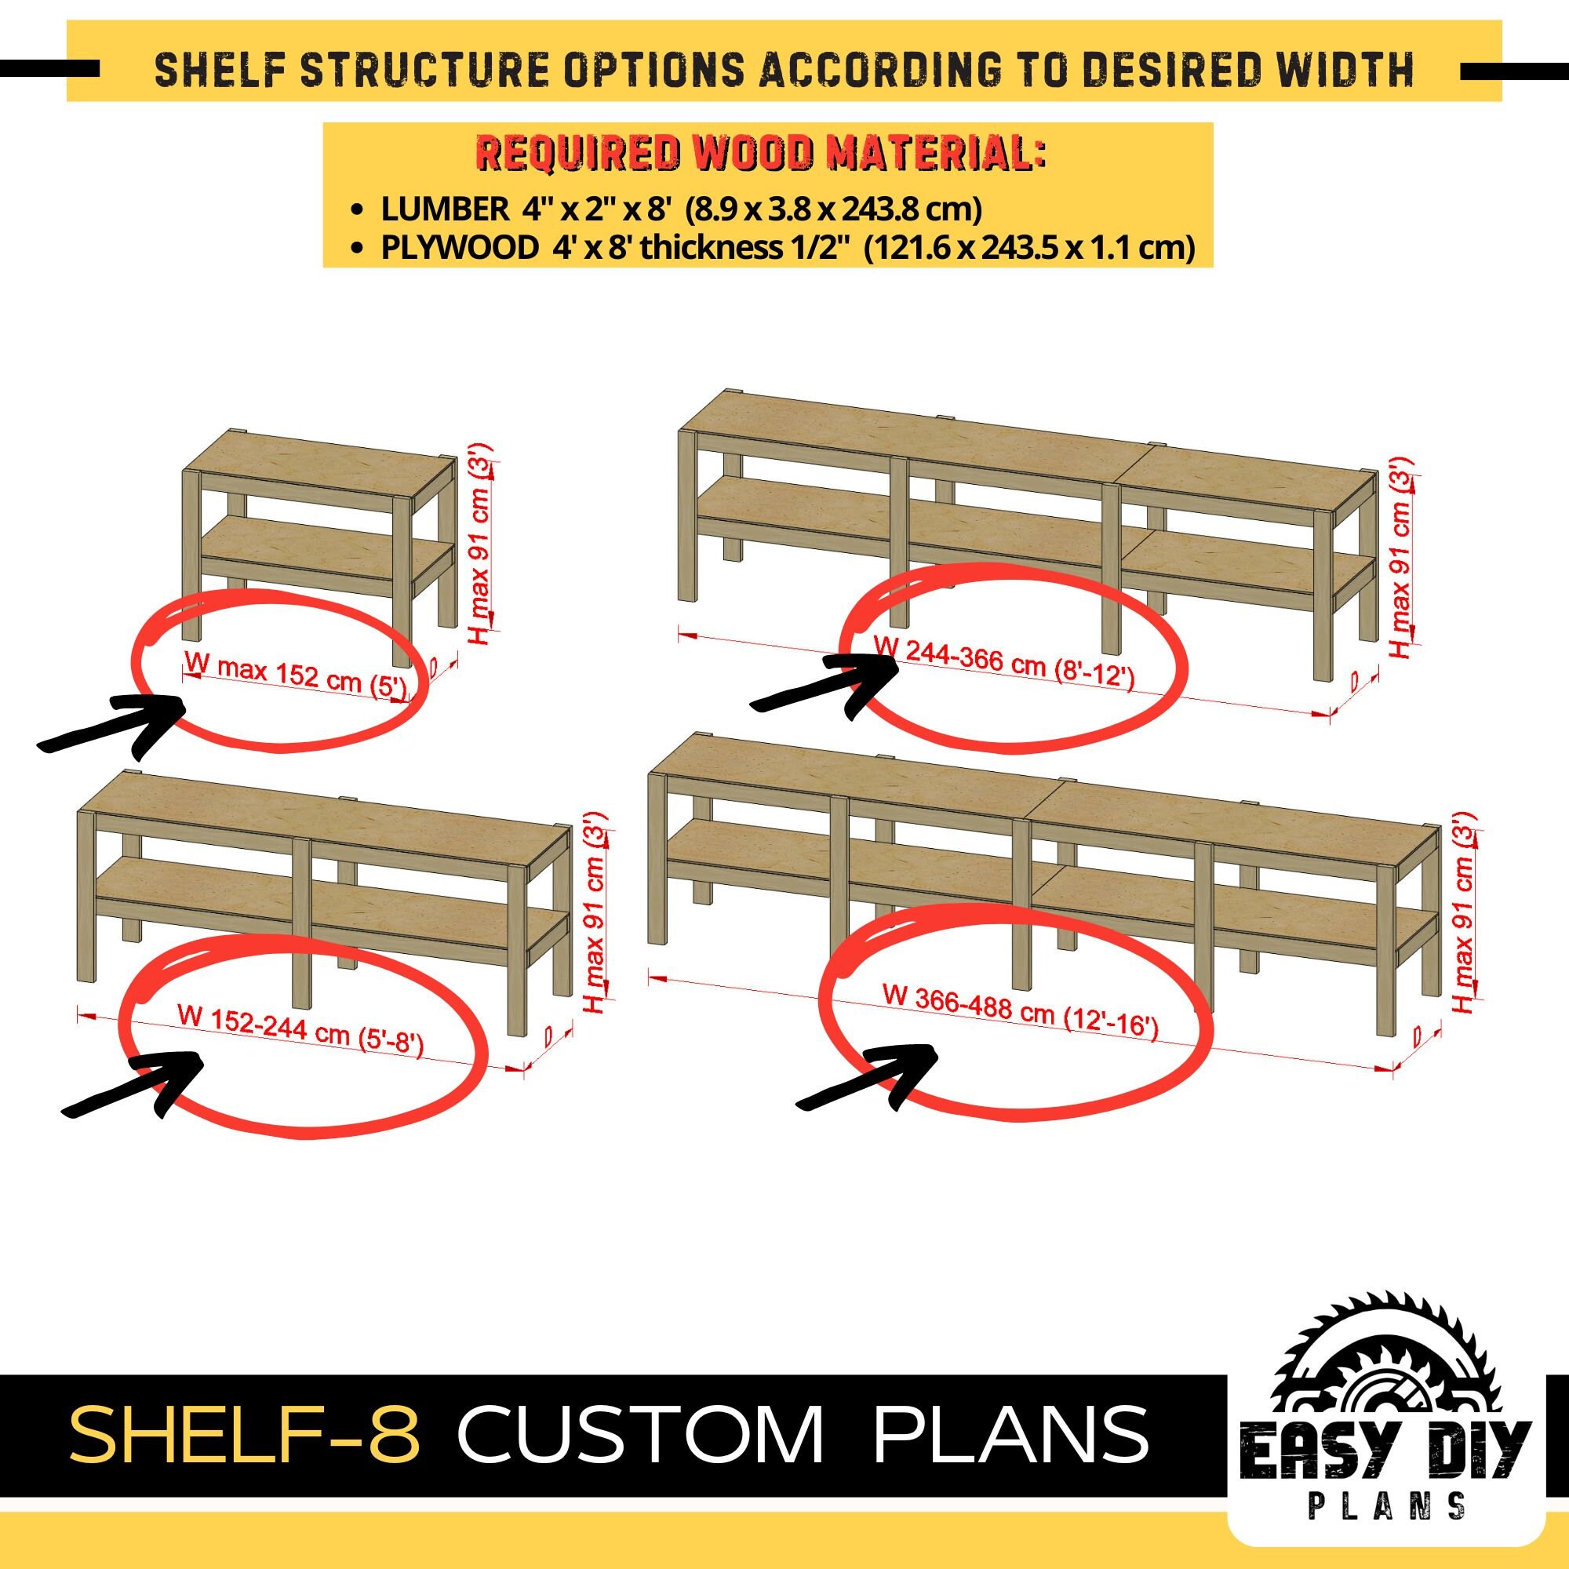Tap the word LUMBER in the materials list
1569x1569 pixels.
pos(444,209)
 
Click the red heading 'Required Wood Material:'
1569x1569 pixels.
pos(760,155)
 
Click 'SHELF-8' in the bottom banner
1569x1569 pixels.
pos(249,1435)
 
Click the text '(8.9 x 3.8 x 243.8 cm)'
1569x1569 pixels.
pos(833,209)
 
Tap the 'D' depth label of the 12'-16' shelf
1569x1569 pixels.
pos(1416,1036)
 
